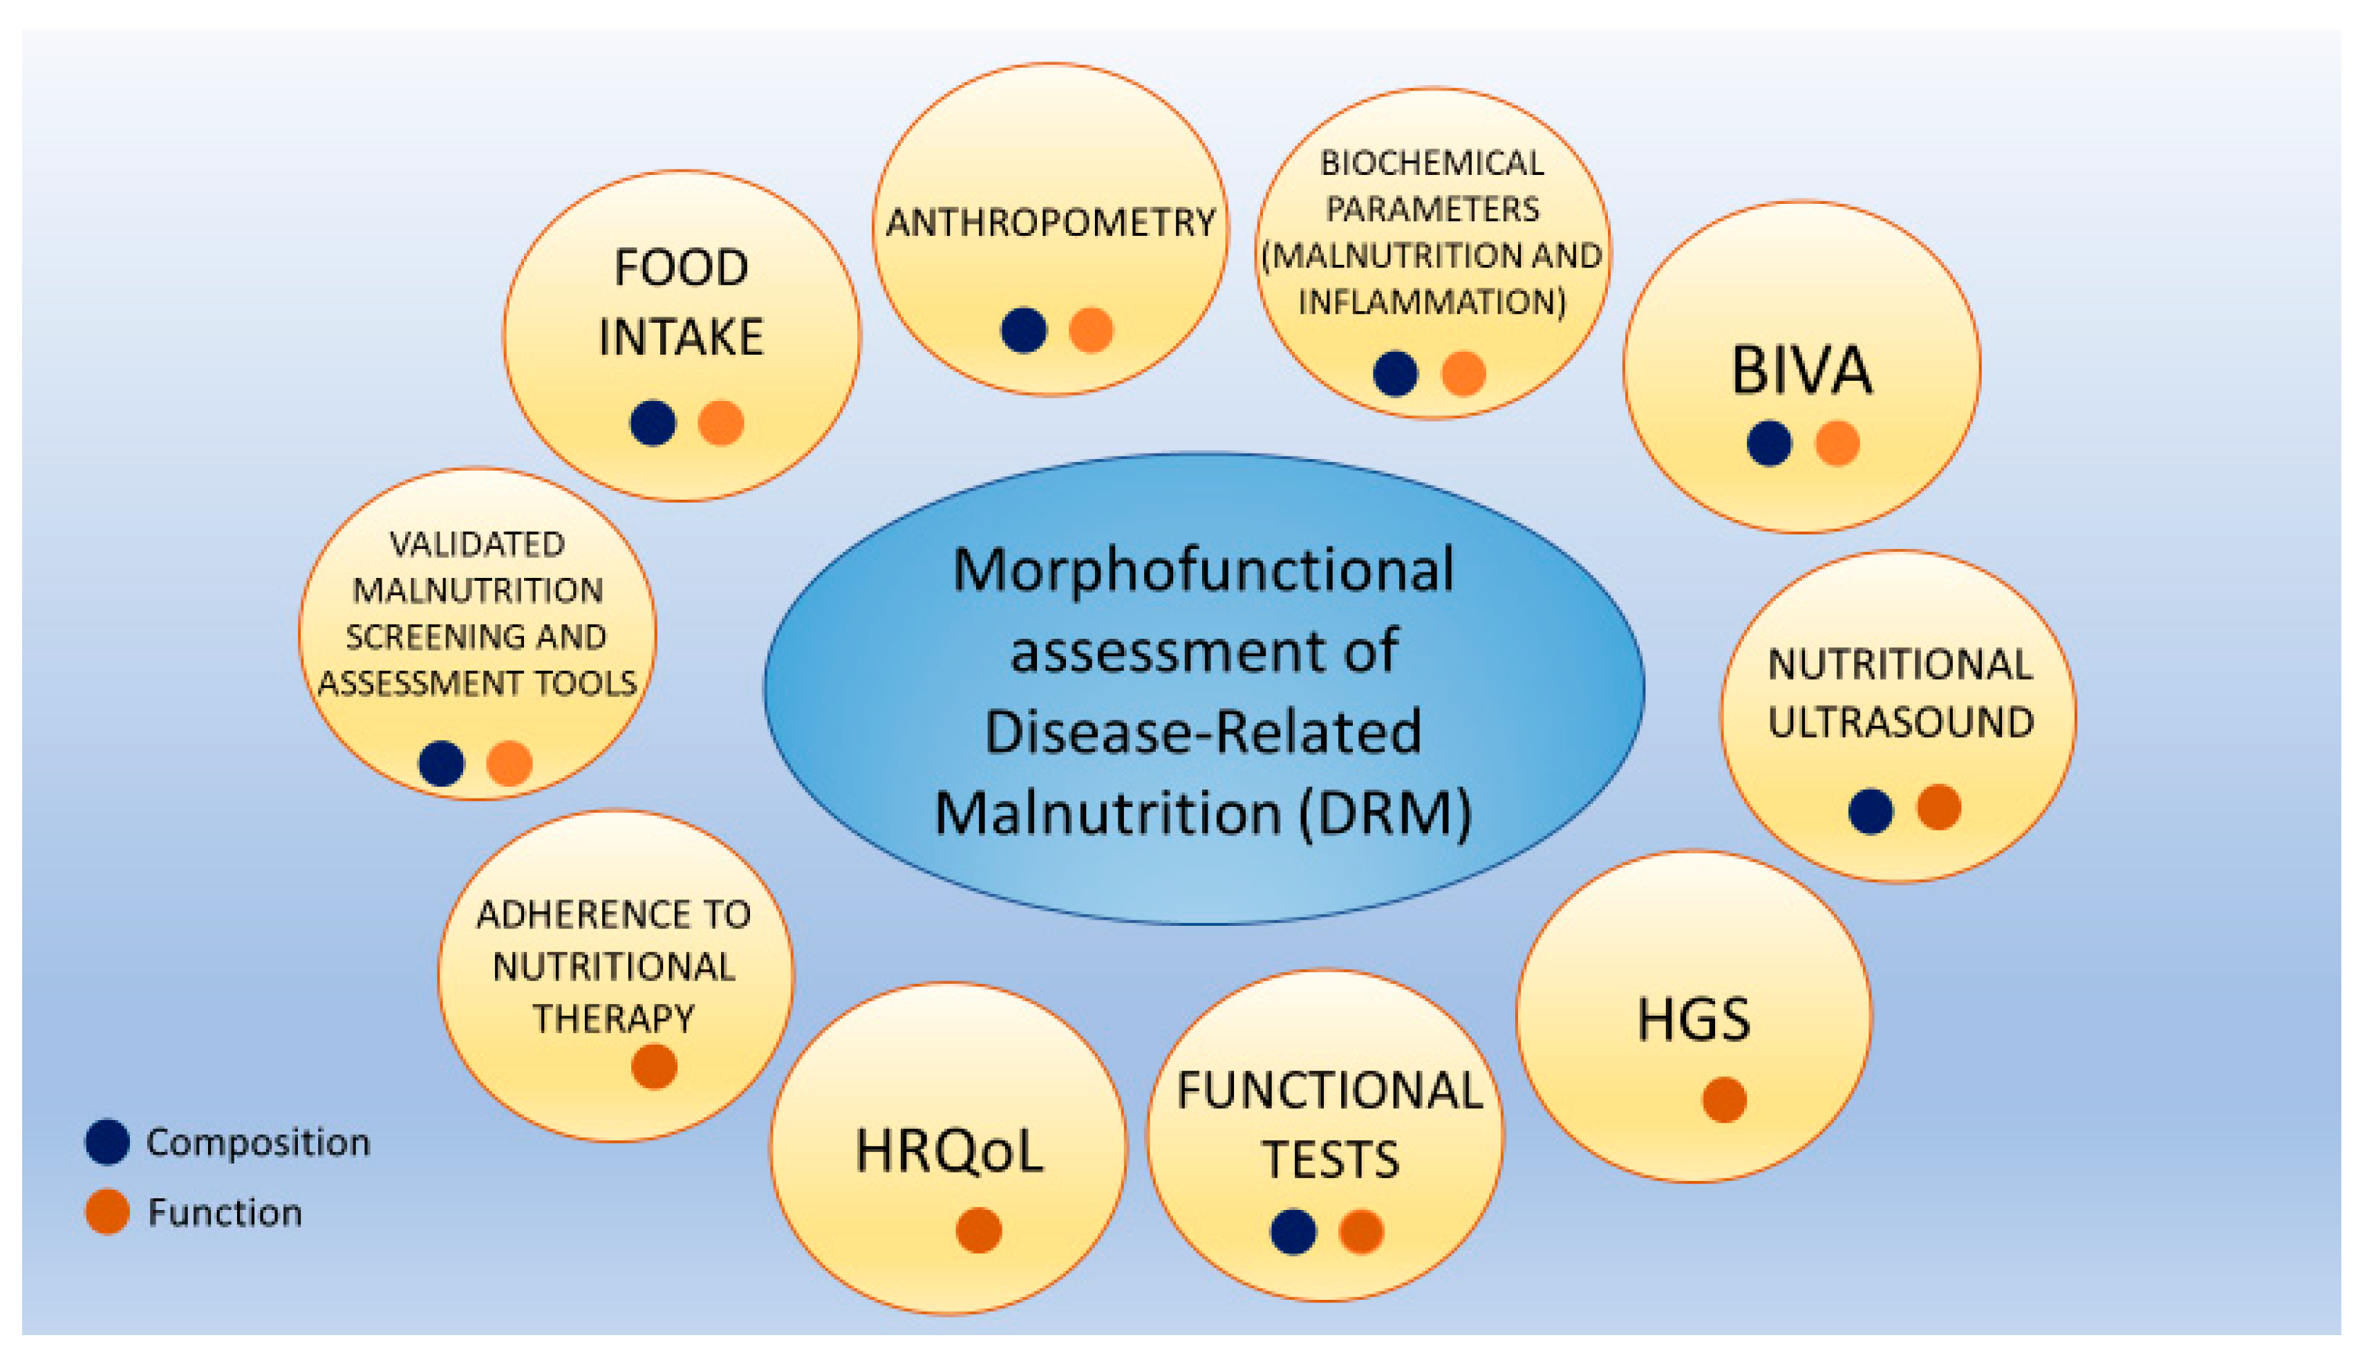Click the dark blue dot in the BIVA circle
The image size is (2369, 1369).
click(1768, 443)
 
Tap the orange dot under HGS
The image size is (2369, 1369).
click(1724, 1099)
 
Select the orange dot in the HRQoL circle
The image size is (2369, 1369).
click(979, 1230)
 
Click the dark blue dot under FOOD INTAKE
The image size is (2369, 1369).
click(653, 422)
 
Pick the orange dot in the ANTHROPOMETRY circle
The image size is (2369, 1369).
click(1091, 330)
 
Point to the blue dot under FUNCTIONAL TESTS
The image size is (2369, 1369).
click(1293, 1231)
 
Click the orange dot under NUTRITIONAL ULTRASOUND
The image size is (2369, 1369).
click(1938, 807)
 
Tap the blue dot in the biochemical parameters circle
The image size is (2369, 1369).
click(1395, 373)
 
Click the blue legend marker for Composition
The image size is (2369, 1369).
click(107, 1142)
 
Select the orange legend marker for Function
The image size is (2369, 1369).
click(107, 1212)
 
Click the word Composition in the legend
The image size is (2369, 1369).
click(259, 1142)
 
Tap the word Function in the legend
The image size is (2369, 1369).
click(225, 1213)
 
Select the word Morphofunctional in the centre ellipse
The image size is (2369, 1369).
click(1204, 570)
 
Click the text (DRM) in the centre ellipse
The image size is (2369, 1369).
click(1386, 812)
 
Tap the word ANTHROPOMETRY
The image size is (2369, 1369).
click(1050, 223)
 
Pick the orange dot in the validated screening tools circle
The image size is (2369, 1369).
click(509, 763)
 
